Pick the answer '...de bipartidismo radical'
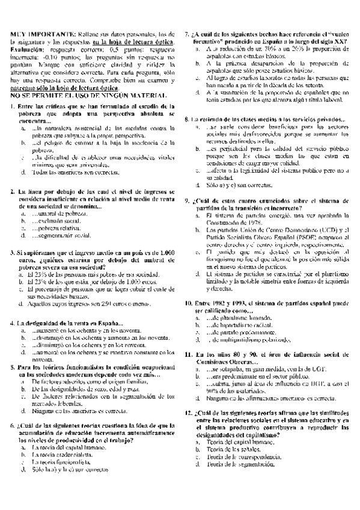(x=243, y=326)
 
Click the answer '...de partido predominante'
(x=243, y=333)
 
